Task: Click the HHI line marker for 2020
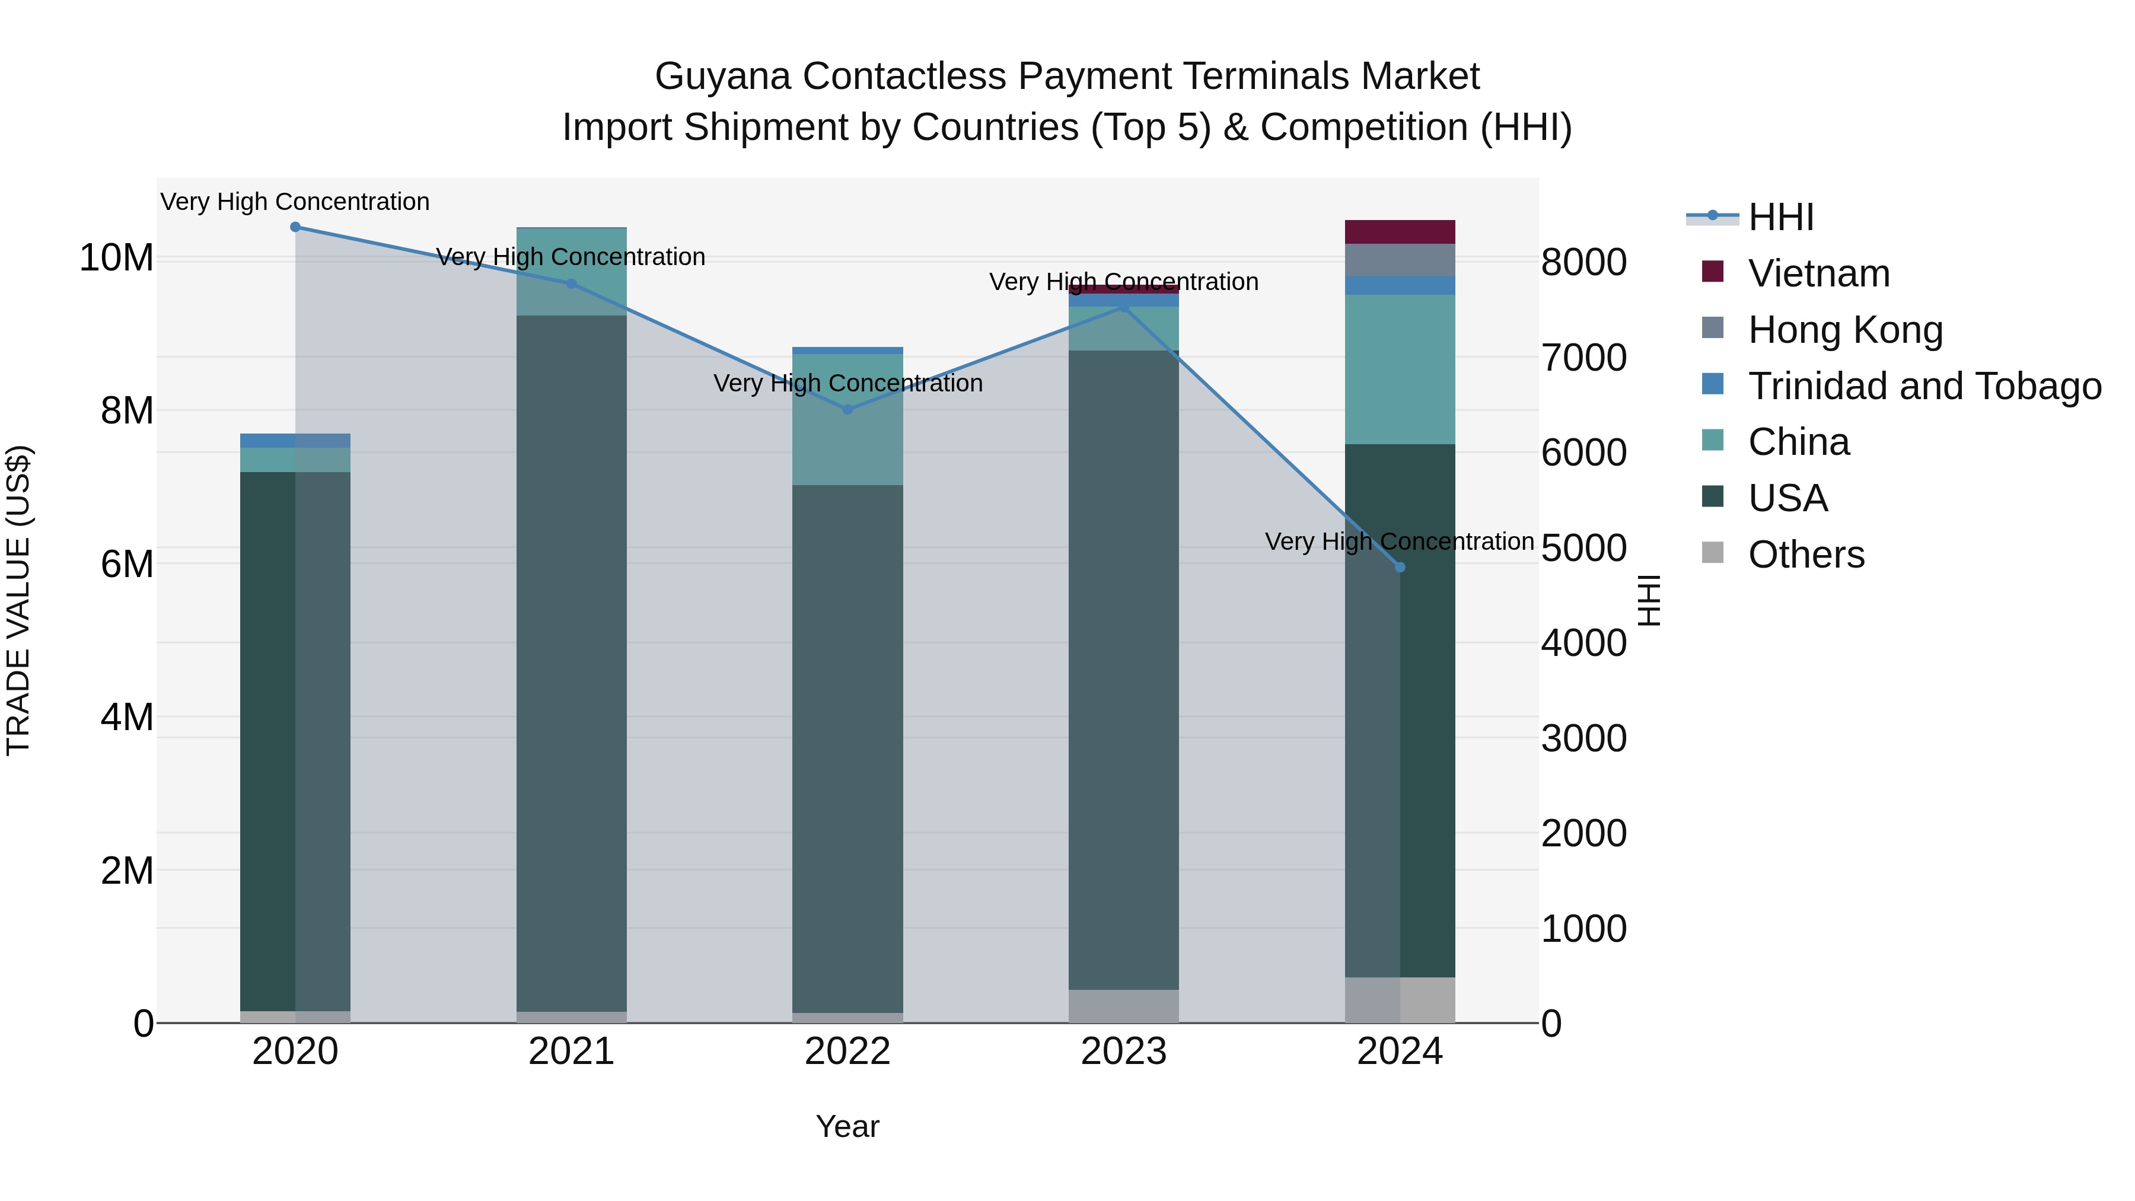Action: point(295,227)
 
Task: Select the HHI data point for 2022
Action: point(847,409)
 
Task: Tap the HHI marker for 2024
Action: point(1400,567)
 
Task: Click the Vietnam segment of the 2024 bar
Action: point(1400,232)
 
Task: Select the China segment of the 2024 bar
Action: point(1400,369)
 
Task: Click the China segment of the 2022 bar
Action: point(847,419)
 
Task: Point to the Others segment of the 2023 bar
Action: point(1123,1006)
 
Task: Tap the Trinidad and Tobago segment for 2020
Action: point(295,441)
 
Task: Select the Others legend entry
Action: point(1806,555)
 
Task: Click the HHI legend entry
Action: point(1780,217)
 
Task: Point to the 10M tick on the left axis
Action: point(116,258)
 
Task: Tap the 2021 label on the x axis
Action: point(571,1052)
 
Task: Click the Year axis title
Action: point(847,1126)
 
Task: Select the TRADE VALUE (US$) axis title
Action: point(18,600)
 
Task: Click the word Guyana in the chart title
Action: point(723,77)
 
